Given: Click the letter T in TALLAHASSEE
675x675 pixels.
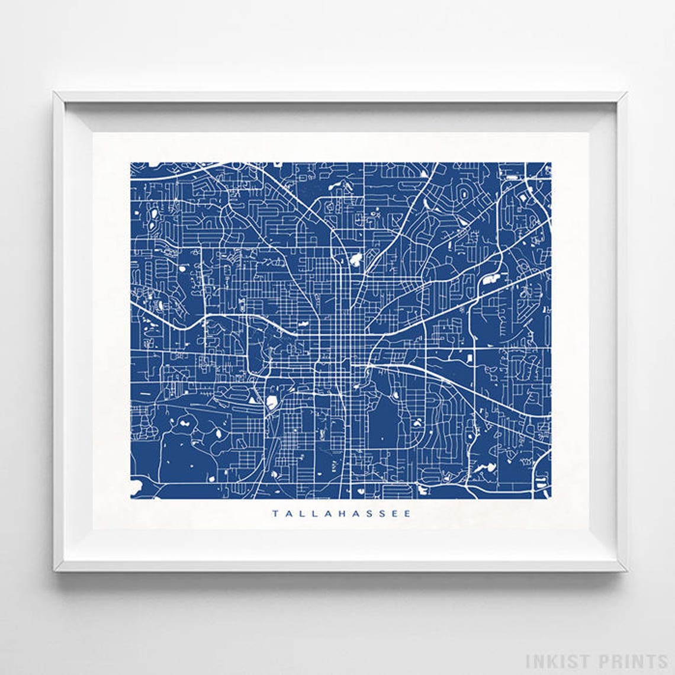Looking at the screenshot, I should (275, 514).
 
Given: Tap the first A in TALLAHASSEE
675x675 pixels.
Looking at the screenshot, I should (288, 514).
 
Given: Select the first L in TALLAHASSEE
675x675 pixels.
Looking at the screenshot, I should (301, 514).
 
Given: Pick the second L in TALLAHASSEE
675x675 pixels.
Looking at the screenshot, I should (314, 514).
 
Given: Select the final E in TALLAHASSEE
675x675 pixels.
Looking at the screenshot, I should (407, 514).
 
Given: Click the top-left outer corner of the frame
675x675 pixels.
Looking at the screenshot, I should (53, 92).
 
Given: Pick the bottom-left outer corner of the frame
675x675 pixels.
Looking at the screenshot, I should (53, 571).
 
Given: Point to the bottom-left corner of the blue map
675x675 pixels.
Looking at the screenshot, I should (130, 499).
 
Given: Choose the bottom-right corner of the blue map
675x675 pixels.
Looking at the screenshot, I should (551, 499).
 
